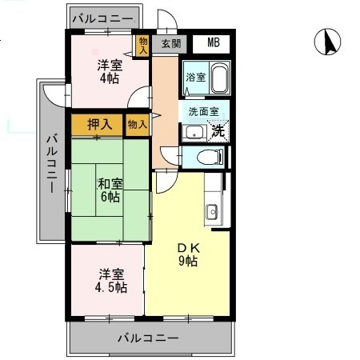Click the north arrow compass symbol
point(328,42)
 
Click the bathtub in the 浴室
point(218,78)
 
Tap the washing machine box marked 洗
point(217,130)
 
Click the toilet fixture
point(211,157)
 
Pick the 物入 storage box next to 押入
point(137,124)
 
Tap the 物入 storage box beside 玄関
point(142,45)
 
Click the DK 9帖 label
point(187,254)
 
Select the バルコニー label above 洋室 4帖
point(104,16)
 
